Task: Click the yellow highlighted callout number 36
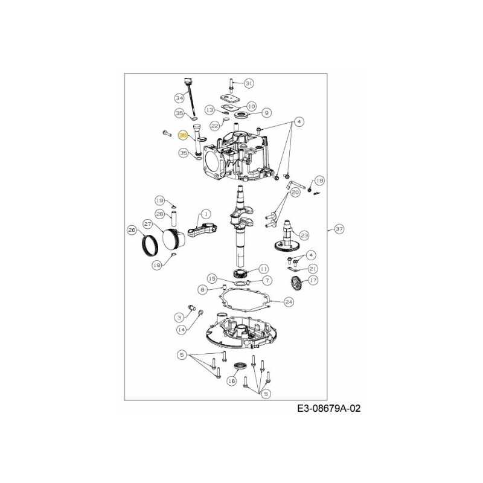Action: pos(183,136)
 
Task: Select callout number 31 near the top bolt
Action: pos(249,83)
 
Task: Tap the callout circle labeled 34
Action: pos(179,98)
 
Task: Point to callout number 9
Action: pos(266,112)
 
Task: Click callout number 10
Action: pos(251,106)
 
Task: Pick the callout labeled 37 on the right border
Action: pos(339,229)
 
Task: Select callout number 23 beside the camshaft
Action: pos(304,235)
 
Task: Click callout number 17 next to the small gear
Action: pos(312,280)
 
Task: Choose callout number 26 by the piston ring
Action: pos(132,229)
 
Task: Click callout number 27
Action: pos(148,223)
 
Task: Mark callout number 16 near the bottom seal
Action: pos(231,381)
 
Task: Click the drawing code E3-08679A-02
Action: pos(328,409)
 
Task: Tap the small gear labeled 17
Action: pos(295,283)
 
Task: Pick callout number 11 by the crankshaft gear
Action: pos(264,269)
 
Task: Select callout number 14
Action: pos(181,330)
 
